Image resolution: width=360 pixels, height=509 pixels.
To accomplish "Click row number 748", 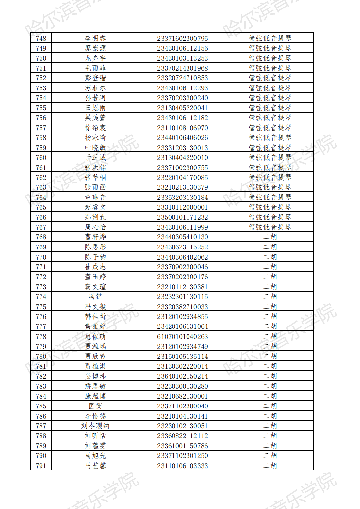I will [41, 39].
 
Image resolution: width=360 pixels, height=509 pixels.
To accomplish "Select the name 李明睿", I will [95, 39].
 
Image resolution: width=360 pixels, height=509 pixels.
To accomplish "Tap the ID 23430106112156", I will [182, 48].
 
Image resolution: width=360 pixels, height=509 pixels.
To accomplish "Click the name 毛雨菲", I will [95, 68].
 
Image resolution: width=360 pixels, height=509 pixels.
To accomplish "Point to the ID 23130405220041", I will [182, 108].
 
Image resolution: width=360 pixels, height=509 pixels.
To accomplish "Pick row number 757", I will [41, 128].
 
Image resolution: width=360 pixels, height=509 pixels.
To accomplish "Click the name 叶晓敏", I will [95, 148].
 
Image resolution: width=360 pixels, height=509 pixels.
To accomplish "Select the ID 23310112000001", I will [182, 207].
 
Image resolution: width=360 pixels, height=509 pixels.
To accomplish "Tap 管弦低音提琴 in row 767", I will [270, 227].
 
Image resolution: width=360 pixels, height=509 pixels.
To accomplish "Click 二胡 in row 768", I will [270, 237].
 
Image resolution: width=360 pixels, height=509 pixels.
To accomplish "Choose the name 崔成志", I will [95, 267].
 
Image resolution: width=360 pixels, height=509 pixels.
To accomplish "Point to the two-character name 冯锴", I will [95, 297].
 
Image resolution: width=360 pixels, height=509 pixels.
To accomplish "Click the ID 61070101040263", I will [182, 337].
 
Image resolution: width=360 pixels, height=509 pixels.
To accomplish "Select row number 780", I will [41, 357].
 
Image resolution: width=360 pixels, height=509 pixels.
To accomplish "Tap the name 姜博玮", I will [95, 376].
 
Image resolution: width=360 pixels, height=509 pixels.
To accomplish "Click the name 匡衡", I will [95, 406].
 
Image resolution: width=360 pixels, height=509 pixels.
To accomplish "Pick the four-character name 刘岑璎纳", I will [95, 426].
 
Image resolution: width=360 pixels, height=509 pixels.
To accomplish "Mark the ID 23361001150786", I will [182, 446].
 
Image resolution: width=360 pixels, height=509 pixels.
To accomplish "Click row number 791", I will [41, 466].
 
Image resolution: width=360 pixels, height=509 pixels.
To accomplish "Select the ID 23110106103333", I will [182, 466].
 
